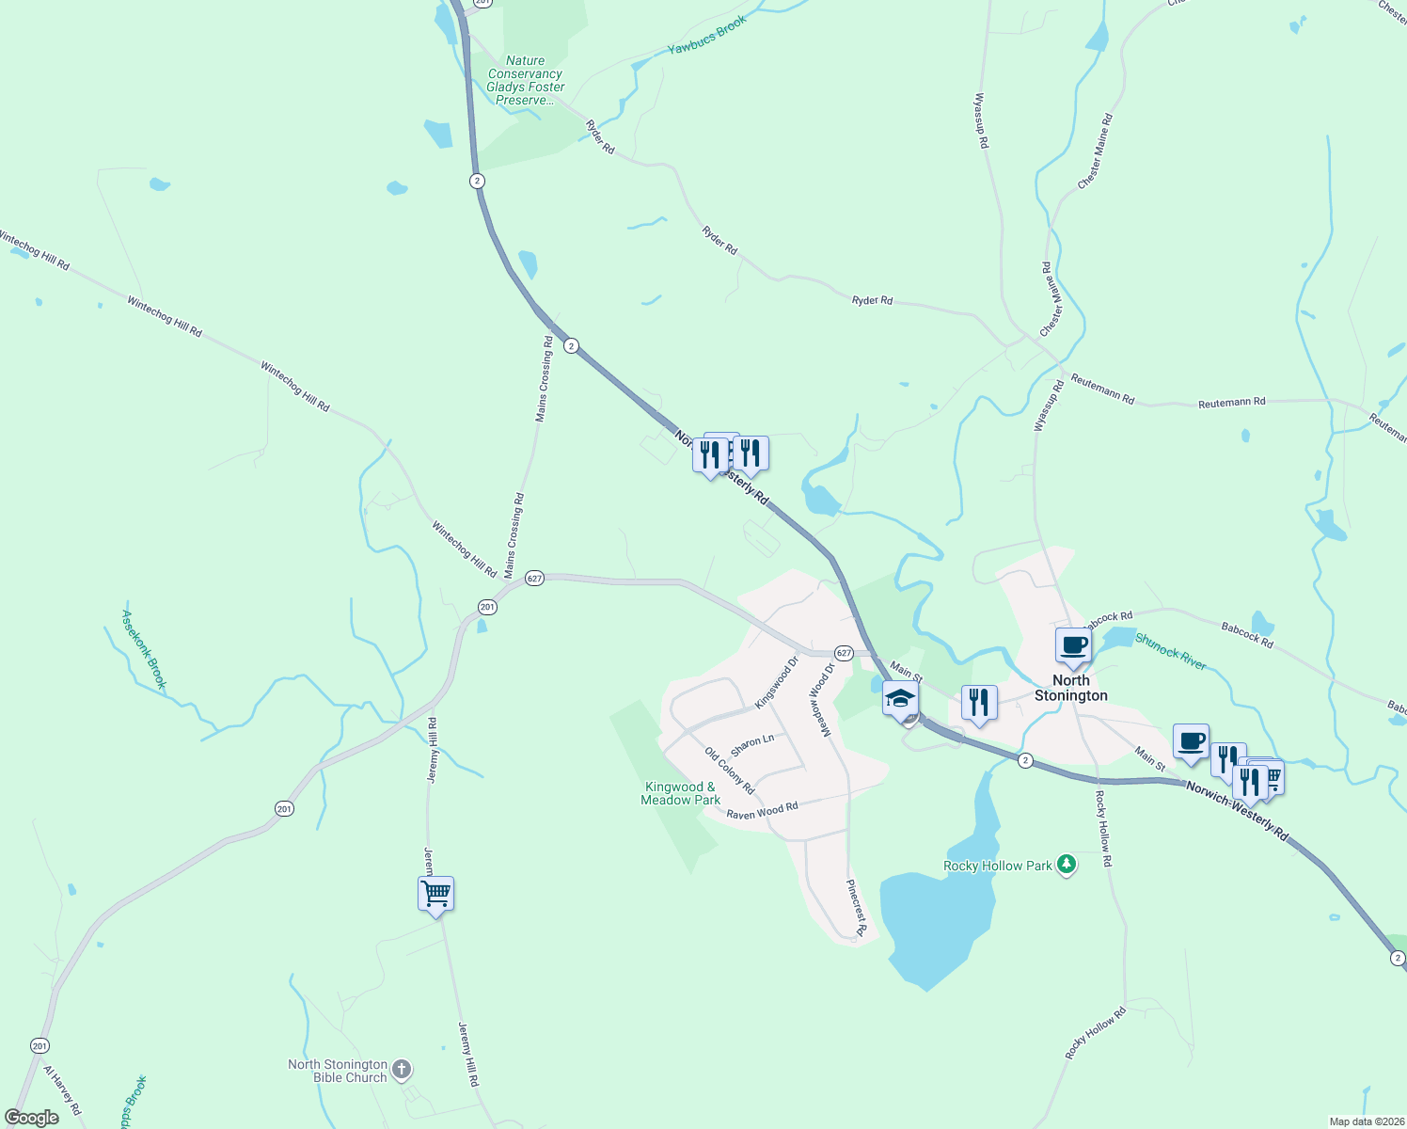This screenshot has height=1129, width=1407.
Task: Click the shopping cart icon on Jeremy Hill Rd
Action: [435, 893]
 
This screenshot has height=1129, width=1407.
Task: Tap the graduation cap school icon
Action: [900, 700]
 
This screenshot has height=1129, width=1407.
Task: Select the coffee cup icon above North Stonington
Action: [1072, 645]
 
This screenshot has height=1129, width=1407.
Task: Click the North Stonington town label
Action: [1070, 688]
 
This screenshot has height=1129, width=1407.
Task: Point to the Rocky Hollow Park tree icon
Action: [1066, 864]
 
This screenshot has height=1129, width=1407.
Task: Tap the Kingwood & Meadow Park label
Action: [680, 793]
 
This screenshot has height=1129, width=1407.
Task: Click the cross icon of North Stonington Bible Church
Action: [402, 1069]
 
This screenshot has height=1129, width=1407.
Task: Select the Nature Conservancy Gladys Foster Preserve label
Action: [525, 80]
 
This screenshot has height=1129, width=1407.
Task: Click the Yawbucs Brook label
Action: [706, 35]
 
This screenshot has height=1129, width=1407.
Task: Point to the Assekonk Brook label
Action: [143, 649]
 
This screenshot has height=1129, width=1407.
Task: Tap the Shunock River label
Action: [1170, 651]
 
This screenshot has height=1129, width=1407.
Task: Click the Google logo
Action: [31, 1118]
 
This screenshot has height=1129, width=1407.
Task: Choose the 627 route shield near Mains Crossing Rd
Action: [534, 578]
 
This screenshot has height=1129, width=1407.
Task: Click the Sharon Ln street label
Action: [752, 744]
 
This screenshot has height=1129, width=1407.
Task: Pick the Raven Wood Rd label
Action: [762, 810]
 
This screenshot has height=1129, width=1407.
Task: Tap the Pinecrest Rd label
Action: [855, 908]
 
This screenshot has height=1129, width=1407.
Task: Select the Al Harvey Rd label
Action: [61, 1089]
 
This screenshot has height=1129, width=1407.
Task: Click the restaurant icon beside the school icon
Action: [979, 702]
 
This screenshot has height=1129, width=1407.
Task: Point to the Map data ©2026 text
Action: [1366, 1121]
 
